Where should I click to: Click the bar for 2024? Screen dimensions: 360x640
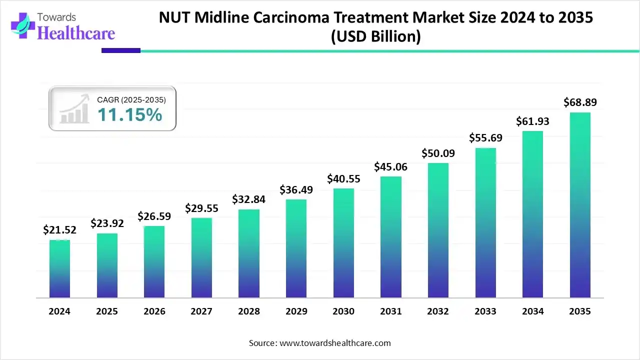(59, 269)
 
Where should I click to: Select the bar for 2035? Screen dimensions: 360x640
(580, 205)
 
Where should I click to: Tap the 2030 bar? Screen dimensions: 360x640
(343, 243)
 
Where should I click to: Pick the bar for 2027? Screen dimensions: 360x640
(201, 258)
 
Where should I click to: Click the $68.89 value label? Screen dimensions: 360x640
(580, 102)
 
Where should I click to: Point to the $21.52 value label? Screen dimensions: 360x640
(59, 230)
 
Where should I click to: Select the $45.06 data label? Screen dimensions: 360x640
(391, 167)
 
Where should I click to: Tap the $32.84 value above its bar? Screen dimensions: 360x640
(249, 199)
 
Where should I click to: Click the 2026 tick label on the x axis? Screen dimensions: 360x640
(154, 311)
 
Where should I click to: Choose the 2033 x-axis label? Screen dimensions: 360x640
(485, 311)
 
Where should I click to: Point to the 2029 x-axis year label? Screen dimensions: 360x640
(296, 311)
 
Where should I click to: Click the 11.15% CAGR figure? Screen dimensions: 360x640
(129, 115)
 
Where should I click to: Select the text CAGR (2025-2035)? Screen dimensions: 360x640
(131, 100)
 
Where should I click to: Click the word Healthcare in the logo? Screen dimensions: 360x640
(76, 33)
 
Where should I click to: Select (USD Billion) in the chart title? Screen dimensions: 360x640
(376, 36)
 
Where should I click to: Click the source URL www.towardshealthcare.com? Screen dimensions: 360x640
(334, 343)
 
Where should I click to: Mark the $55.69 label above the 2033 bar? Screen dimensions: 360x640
(485, 138)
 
